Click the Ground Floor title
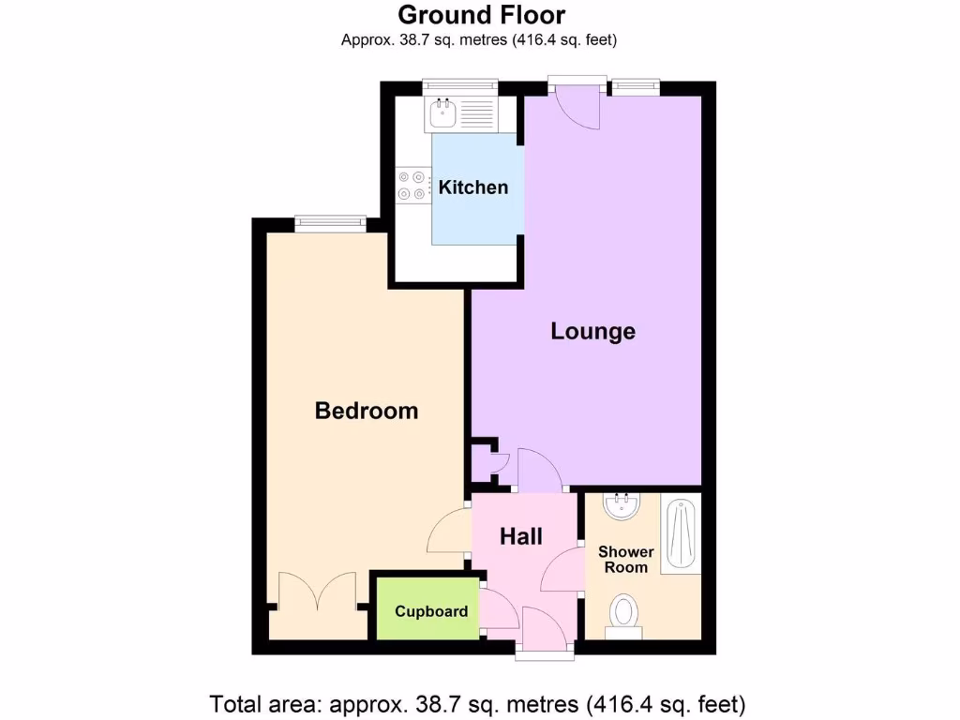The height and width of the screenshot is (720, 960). tap(482, 15)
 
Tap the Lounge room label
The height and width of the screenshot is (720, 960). tap(592, 331)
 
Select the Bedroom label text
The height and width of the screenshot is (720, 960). tap(366, 411)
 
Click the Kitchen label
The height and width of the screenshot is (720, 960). tap(473, 187)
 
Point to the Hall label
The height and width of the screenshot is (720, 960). tap(520, 536)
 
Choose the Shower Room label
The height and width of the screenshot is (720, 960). tap(625, 560)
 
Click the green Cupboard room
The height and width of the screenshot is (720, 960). tap(430, 611)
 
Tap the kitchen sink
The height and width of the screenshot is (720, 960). tap(442, 114)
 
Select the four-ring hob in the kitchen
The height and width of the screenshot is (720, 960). tap(409, 184)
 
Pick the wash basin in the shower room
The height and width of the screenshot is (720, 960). tap(621, 507)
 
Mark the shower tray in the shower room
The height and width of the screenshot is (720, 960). tap(682, 534)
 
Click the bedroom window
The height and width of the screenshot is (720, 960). tap(329, 222)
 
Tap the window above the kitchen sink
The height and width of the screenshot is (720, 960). tap(452, 86)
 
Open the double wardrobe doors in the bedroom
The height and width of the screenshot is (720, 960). tap(317, 595)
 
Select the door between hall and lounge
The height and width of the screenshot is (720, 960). tap(538, 472)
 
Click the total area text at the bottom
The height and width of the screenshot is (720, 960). tap(478, 702)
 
